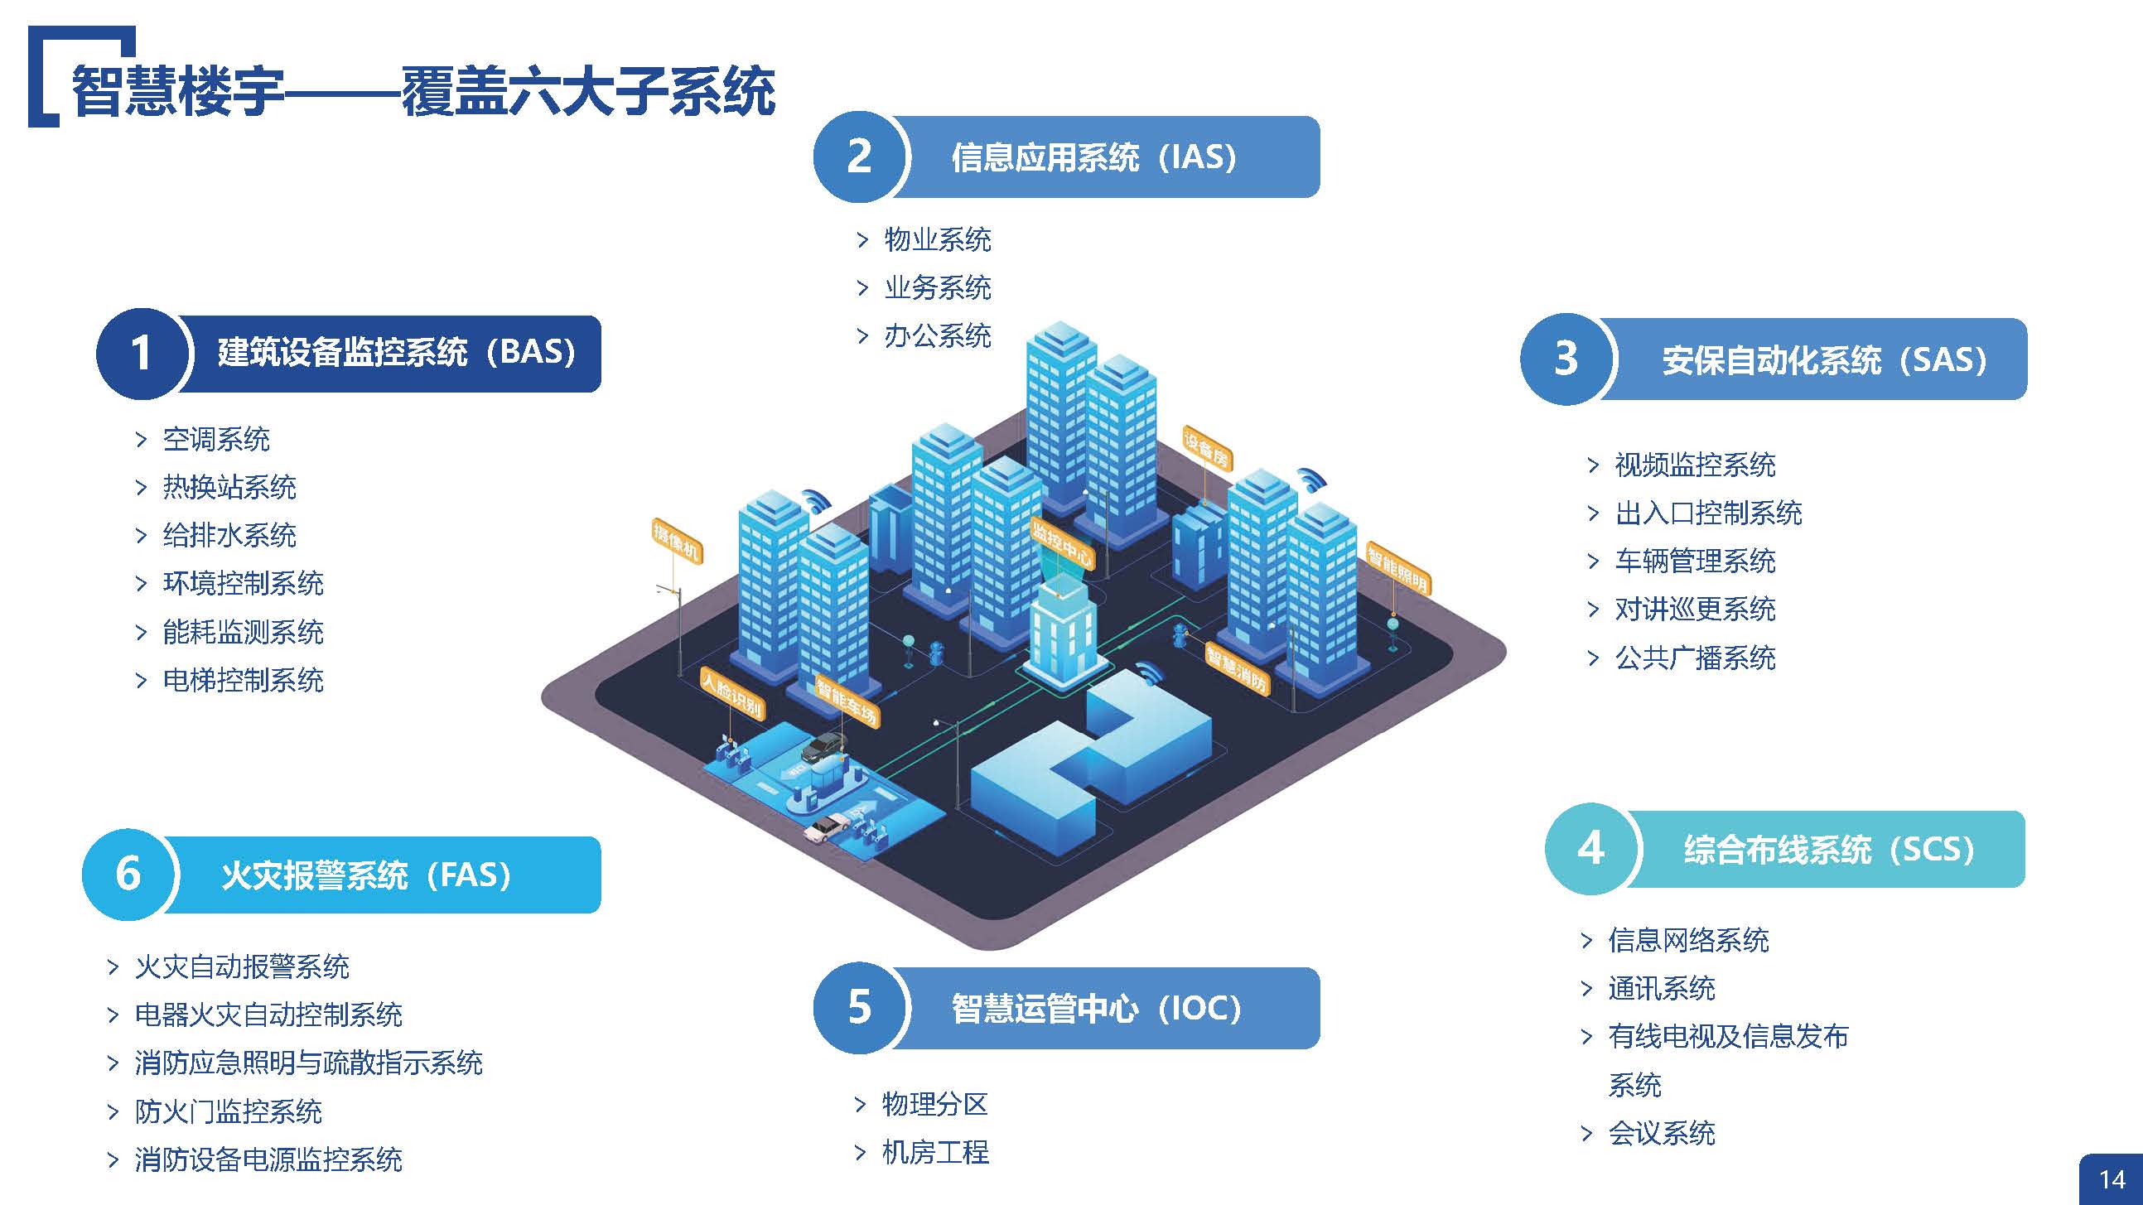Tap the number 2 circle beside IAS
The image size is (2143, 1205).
[x=859, y=157]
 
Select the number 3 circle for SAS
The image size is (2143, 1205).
[x=1566, y=359]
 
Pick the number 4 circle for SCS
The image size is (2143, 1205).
[x=1590, y=848]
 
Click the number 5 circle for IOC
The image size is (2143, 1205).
[x=859, y=1007]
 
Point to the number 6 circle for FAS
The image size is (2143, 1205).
[x=128, y=874]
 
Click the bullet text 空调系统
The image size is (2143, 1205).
[x=215, y=439]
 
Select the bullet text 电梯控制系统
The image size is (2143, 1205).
[x=243, y=680]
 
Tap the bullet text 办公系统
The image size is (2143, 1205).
[x=937, y=336]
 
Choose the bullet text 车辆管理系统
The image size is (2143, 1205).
[x=1695, y=562]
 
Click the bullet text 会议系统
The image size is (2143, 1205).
[x=1662, y=1134]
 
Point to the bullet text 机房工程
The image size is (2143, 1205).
[x=935, y=1153]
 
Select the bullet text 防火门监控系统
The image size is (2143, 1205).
[x=228, y=1112]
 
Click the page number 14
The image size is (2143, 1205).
[x=2112, y=1180]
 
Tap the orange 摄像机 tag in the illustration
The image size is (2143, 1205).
[x=676, y=542]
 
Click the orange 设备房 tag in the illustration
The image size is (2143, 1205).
[x=1207, y=448]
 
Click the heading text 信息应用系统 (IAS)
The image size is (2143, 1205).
[x=1093, y=157]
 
